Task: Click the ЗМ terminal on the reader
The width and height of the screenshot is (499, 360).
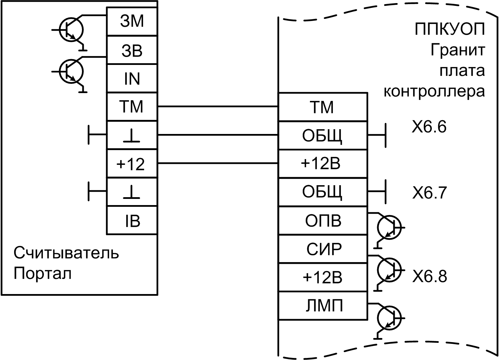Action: [132, 22]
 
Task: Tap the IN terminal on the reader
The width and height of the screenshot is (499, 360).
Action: [132, 79]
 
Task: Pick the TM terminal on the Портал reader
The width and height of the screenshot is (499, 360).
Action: [132, 107]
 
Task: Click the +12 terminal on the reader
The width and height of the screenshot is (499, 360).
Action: [132, 164]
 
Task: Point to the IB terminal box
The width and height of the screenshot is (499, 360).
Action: [132, 221]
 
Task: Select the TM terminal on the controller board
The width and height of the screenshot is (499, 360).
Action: [323, 107]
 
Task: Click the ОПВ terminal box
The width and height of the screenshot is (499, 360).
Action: [323, 221]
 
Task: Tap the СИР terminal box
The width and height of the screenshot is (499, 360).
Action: [323, 249]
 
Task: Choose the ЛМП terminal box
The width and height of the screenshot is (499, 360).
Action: [323, 306]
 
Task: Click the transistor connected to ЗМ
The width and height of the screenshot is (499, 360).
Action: [71, 30]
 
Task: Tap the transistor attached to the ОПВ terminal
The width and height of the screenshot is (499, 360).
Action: [389, 227]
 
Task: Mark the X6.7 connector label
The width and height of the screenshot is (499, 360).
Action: [429, 193]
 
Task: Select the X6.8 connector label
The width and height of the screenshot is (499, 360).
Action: [429, 276]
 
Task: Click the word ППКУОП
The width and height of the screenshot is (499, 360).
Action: [450, 30]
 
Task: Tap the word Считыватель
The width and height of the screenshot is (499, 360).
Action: [66, 254]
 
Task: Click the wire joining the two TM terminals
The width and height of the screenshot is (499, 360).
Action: [218, 107]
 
